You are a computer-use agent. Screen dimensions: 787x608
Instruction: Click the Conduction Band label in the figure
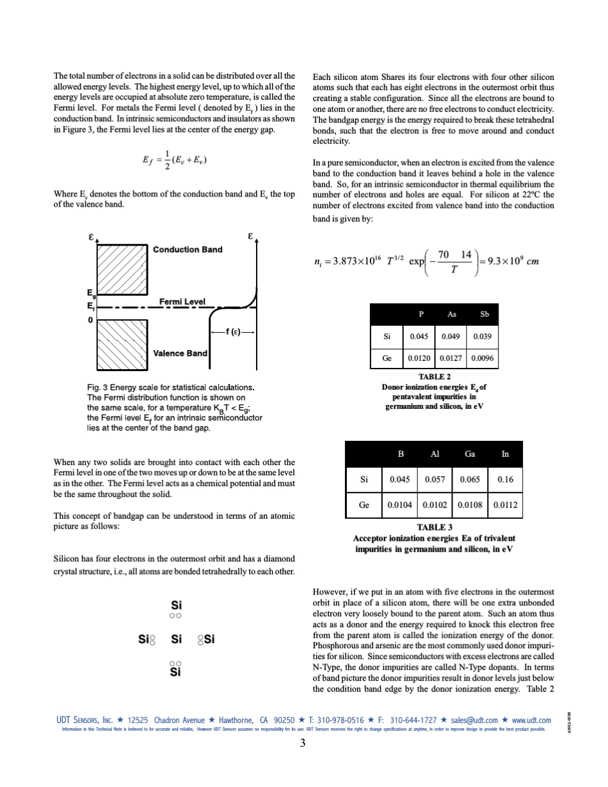point(188,250)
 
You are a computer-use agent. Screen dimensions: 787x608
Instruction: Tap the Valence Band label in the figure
point(180,353)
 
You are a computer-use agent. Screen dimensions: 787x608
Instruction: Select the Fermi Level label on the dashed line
point(182,301)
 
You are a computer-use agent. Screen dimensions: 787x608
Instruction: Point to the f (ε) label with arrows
point(234,331)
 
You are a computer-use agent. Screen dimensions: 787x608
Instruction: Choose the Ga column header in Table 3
point(470,454)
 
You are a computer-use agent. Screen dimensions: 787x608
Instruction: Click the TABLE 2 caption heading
point(435,377)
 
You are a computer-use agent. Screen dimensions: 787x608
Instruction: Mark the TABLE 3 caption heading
point(435,527)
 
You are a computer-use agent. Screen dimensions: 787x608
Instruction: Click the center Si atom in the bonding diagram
point(177,639)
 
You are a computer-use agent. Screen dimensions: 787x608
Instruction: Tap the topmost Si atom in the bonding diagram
point(177,605)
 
